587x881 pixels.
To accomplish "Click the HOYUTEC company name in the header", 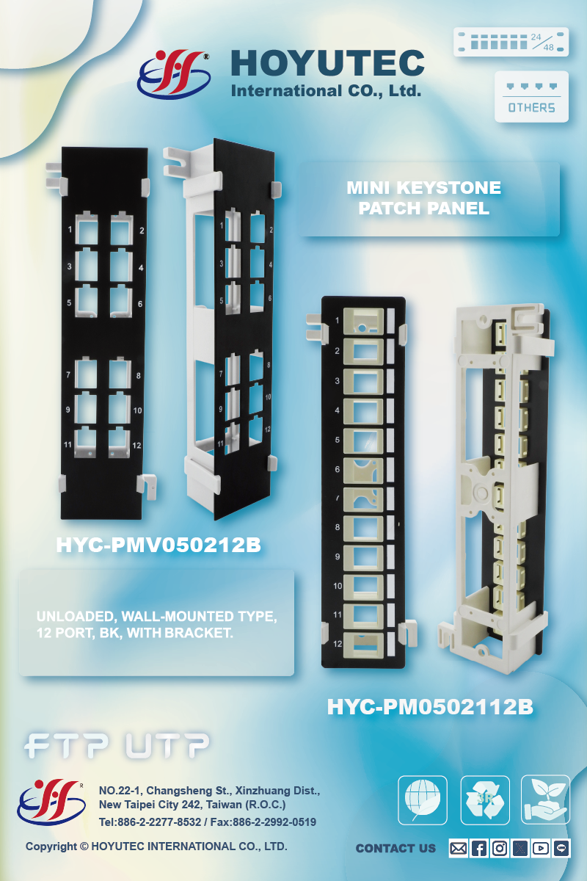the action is [x=327, y=63].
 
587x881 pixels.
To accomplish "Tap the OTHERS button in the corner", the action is [x=531, y=97].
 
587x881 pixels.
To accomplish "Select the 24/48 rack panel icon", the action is [x=511, y=42].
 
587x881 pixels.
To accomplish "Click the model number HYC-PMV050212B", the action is [x=158, y=545].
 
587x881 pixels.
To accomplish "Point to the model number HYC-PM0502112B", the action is [x=430, y=707].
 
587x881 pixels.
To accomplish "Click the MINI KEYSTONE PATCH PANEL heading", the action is [x=424, y=197].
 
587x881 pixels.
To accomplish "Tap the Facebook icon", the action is [x=479, y=849].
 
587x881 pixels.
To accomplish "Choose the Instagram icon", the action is [x=500, y=849].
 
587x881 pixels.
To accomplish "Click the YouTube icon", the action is [x=541, y=849].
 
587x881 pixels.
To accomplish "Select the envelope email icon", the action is [x=459, y=849].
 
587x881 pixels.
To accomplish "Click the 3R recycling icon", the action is [x=485, y=800].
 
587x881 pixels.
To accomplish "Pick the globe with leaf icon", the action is [x=423, y=800].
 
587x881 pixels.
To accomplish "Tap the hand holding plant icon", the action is [x=545, y=800].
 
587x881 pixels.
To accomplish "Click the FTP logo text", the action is [x=66, y=745].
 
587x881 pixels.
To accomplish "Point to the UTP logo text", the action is [x=167, y=745].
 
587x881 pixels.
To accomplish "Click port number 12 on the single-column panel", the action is [x=338, y=644].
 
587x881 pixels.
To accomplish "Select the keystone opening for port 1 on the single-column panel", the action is [x=363, y=322].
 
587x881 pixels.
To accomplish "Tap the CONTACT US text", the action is [x=396, y=849].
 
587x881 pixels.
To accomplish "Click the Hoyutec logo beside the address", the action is [x=51, y=802].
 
